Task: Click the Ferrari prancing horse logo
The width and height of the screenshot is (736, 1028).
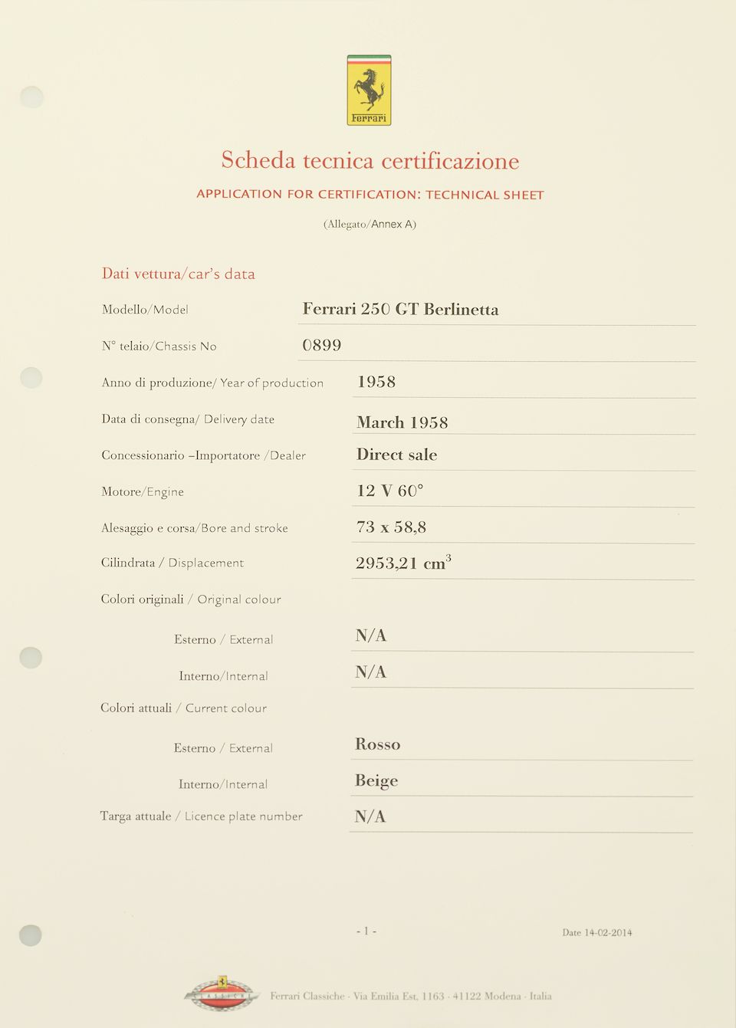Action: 369,90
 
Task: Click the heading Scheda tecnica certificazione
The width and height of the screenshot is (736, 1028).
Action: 370,160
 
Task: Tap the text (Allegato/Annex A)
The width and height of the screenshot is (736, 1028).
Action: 370,224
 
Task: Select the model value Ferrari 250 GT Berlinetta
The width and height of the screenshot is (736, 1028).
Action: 400,309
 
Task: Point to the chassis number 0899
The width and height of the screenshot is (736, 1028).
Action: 322,346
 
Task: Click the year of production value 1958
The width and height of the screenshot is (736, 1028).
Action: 376,382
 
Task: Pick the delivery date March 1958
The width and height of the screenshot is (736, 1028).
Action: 402,422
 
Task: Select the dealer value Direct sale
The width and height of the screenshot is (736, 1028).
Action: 396,455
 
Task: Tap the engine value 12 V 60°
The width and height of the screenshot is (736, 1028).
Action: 389,491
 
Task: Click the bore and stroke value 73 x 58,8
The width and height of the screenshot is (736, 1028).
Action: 391,527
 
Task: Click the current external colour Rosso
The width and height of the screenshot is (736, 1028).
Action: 377,744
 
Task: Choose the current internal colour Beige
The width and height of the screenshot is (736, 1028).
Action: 376,780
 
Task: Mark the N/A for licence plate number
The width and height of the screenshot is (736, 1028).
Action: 370,816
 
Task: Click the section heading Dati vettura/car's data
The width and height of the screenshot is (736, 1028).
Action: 179,274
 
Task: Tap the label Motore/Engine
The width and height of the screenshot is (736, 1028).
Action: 143,491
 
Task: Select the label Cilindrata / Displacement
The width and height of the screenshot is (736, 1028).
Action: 172,563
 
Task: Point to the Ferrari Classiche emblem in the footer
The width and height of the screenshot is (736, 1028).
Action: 221,994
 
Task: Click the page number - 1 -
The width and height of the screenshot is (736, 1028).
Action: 366,931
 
